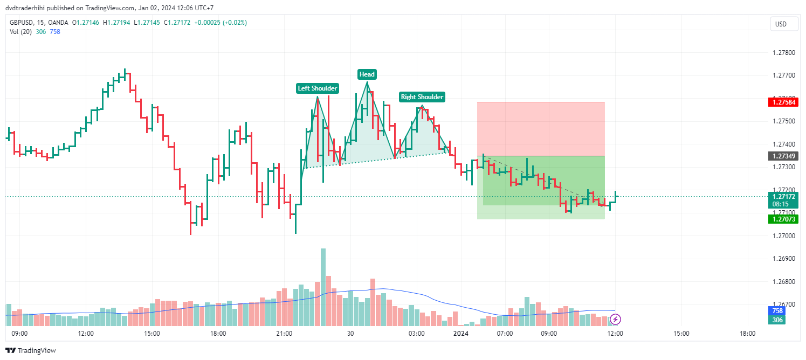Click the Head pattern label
[x=367, y=74]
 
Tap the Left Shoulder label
[x=318, y=88]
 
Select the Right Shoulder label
[x=422, y=97]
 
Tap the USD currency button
[x=781, y=24]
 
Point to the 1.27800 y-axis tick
[x=783, y=53]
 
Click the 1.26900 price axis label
[x=783, y=259]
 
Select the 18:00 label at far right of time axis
[x=747, y=334]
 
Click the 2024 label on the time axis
[x=461, y=334]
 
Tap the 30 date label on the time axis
[x=350, y=334]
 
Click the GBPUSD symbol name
[x=22, y=23]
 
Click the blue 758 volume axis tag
[x=777, y=311]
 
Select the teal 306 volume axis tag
[x=777, y=320]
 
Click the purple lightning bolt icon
[x=615, y=320]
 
